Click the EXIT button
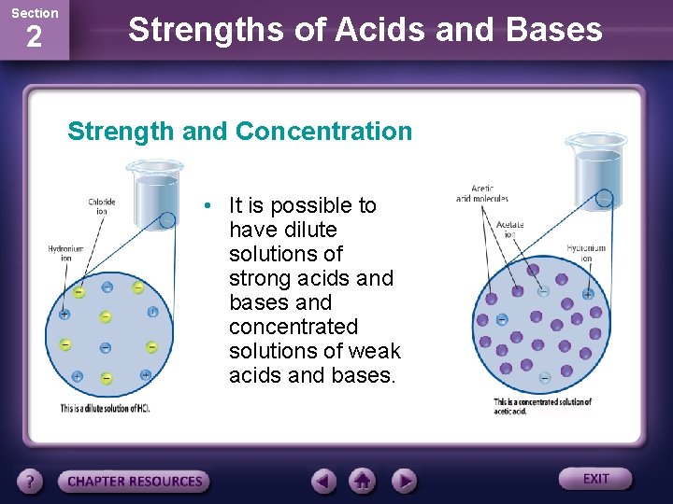point(595,479)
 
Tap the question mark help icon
point(31,482)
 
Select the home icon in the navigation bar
point(363,481)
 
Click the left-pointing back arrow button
point(324,481)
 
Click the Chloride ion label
point(102,205)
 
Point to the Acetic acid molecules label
point(482,193)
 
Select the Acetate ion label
point(509,230)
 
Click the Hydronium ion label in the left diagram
point(65,253)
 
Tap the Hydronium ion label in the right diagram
point(586,252)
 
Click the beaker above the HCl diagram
point(154,191)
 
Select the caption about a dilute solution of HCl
point(105,409)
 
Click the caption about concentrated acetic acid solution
point(542,406)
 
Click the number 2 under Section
point(34,37)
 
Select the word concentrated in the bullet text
point(294,327)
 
